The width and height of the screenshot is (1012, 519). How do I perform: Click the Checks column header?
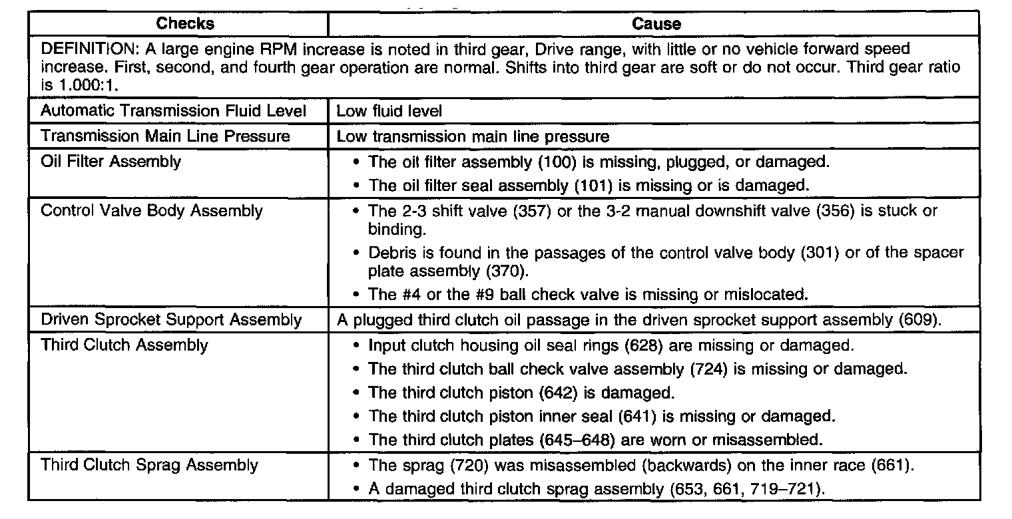coord(185,24)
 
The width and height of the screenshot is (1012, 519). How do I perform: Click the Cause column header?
coord(656,24)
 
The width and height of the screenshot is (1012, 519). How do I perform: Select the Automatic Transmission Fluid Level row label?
coord(173,111)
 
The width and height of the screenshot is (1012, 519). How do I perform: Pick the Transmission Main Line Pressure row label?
coord(165,136)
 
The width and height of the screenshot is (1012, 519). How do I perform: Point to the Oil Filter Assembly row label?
coord(111,162)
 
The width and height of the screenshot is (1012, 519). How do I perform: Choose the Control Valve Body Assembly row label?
coord(152,211)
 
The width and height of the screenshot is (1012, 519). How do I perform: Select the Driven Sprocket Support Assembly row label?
coord(171,319)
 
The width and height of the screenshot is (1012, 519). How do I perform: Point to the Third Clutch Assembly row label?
coord(125,345)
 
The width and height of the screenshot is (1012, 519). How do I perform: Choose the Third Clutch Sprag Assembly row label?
coord(149,464)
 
